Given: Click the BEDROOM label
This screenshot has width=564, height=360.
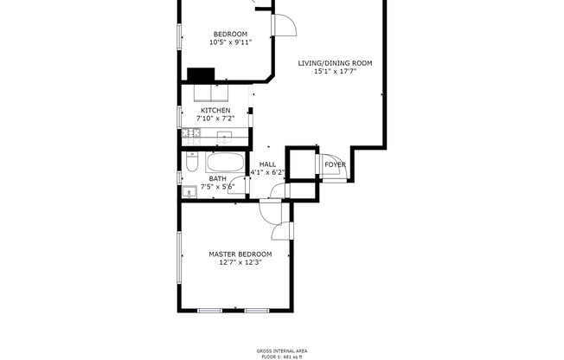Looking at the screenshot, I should [x=230, y=34].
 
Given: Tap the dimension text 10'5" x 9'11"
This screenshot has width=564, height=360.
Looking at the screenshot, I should [x=230, y=42].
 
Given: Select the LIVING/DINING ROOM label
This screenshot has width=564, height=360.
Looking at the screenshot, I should [x=335, y=63].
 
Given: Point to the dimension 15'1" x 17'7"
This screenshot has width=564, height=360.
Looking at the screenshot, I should [x=335, y=71].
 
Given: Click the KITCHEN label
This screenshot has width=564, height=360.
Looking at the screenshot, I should [x=215, y=111].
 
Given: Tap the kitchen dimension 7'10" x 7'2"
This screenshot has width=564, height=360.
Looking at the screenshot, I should [x=215, y=119].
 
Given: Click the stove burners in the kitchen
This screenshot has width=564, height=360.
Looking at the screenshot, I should [x=191, y=134].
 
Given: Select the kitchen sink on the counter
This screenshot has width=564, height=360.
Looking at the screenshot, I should [x=224, y=135].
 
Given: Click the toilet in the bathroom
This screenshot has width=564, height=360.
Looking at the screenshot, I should [x=192, y=163].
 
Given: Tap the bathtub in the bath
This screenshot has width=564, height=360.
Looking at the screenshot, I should [x=227, y=163].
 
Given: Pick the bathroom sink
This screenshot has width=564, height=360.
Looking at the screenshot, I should [x=190, y=192].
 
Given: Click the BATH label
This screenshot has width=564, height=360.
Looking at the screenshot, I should [x=217, y=178].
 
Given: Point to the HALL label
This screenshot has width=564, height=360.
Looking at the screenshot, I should [x=267, y=164].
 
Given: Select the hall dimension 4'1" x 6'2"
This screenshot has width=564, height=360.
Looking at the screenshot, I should [x=267, y=172].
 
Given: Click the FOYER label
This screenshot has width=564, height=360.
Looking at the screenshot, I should [x=335, y=164].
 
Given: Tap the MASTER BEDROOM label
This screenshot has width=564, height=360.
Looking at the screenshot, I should [x=240, y=254].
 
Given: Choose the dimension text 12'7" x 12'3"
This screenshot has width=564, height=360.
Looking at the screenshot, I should [x=240, y=261].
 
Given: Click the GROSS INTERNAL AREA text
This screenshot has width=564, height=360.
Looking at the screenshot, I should [x=282, y=350].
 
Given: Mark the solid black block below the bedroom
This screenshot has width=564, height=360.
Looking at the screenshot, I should [x=201, y=74].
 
